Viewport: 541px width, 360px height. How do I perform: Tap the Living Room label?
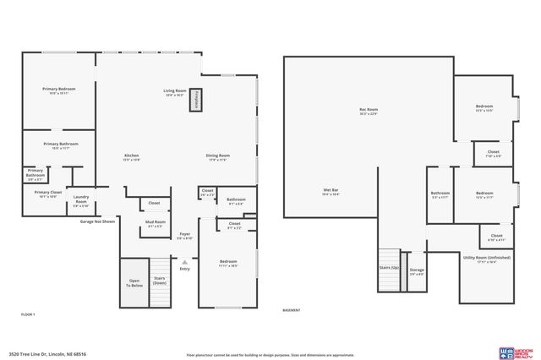pyautogui.click(x=175, y=92)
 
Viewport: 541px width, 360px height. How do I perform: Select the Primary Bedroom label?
pyautogui.click(x=58, y=90)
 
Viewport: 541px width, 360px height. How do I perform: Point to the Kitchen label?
pyautogui.click(x=132, y=157)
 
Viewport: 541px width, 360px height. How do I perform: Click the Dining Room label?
pyautogui.click(x=217, y=157)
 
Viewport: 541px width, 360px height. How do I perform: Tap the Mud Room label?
pyautogui.click(x=156, y=224)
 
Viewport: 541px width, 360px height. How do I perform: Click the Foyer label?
pyautogui.click(x=184, y=236)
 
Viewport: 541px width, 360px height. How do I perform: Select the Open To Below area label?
pyautogui.click(x=134, y=282)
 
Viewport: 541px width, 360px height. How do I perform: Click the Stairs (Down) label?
pyautogui.click(x=158, y=281)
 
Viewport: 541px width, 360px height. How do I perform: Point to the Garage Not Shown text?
pyautogui.click(x=97, y=221)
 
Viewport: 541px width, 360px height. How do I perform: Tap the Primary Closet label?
pyautogui.click(x=47, y=194)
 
